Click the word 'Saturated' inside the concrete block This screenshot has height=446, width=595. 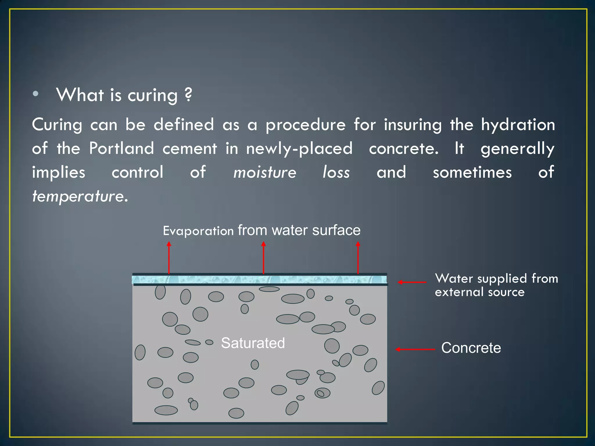253,343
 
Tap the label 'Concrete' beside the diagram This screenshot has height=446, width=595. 471,348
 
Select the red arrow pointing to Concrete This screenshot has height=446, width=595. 415,349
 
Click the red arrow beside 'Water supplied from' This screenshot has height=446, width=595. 412,282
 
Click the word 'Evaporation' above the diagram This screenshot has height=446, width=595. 198,231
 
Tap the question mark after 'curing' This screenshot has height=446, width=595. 188,95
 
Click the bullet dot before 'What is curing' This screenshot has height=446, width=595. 35,94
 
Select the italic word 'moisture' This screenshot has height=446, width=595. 265,172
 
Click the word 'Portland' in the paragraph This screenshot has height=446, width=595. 121,149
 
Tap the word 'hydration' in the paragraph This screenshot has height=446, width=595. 518,125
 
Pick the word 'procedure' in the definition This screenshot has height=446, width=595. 306,125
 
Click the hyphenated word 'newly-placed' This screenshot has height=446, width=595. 299,149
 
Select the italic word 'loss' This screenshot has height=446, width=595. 336,172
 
